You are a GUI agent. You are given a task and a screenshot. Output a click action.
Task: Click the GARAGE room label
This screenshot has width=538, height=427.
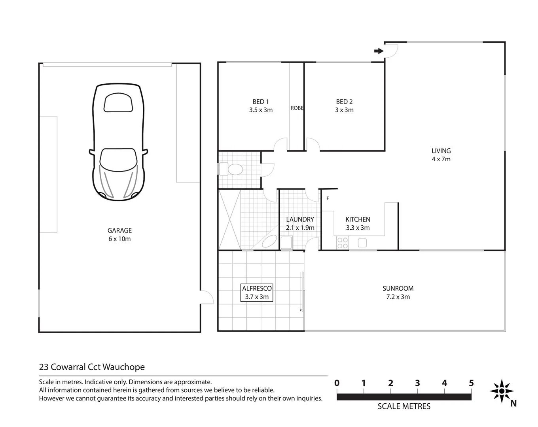click(119, 231)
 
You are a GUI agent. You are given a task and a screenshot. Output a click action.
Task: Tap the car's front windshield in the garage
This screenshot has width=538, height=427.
click(119, 160)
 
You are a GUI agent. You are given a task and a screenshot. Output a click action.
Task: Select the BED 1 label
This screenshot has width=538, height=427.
click(261, 102)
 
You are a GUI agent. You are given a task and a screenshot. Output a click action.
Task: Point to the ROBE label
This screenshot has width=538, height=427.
click(297, 108)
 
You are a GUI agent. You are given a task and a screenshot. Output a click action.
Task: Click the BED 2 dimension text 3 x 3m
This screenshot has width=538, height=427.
click(344, 110)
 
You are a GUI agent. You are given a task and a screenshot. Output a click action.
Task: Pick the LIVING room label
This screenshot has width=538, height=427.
click(441, 151)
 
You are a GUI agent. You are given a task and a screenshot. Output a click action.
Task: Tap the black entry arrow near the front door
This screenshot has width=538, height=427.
click(379, 51)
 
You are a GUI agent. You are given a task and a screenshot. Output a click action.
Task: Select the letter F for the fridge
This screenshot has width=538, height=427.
click(328, 198)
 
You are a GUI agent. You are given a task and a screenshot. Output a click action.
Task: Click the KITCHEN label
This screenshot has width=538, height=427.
click(358, 219)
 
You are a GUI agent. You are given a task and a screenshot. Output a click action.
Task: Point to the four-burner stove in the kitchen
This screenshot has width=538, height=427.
click(343, 243)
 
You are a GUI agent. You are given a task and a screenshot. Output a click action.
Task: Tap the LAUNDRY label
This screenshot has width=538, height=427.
click(300, 219)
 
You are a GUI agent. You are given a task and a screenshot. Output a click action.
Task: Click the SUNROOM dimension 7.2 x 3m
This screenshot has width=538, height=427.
click(398, 297)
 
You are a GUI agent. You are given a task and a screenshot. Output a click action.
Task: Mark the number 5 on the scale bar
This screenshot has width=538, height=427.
click(471, 383)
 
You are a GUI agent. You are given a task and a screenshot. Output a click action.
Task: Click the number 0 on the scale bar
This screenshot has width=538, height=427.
click(337, 383)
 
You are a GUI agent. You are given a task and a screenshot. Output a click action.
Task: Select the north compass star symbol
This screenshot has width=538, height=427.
click(502, 391)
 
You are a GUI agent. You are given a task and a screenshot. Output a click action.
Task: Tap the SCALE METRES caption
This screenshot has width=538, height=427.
click(404, 406)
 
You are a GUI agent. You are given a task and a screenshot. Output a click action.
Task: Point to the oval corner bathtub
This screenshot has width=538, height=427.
click(270, 241)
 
